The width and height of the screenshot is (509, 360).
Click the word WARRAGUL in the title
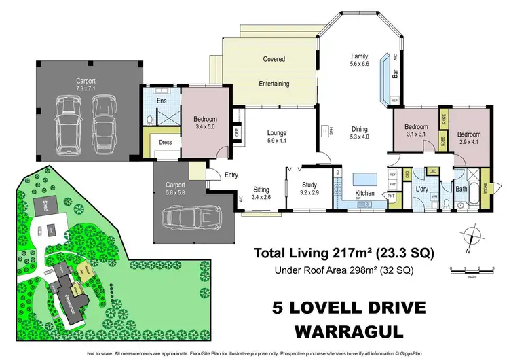click(x=349, y=332)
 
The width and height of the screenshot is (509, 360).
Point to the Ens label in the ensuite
click(x=162, y=101)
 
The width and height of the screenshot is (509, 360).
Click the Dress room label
click(x=165, y=143)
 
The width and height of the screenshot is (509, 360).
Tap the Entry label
click(x=231, y=175)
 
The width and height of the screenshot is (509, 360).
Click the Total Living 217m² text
click(x=343, y=253)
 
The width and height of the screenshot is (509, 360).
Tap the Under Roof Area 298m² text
click(x=344, y=271)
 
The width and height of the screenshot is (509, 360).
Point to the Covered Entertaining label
click(x=274, y=71)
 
